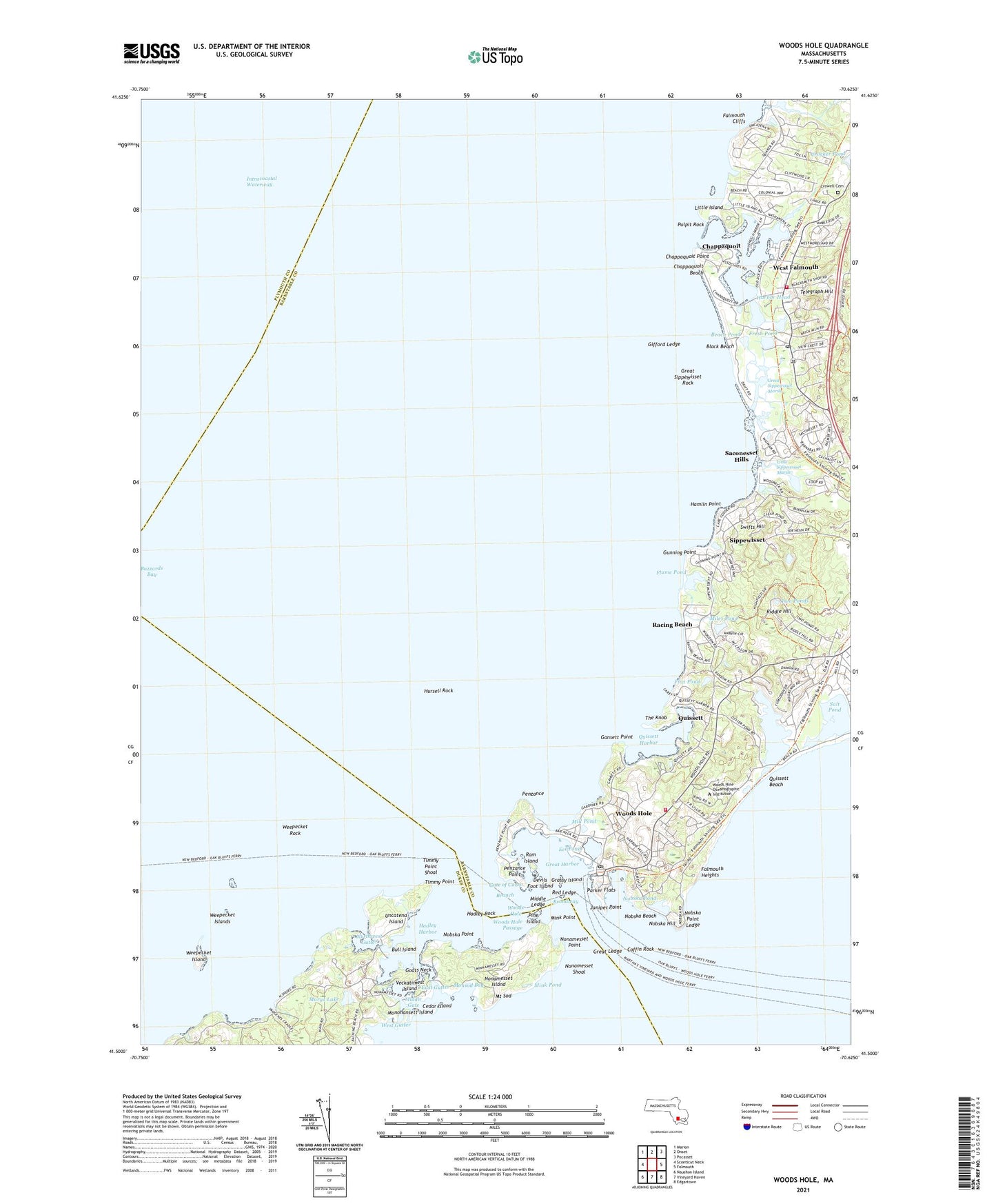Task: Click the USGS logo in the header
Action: tap(152, 53)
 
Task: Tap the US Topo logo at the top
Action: tap(495, 57)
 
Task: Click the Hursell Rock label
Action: tap(438, 690)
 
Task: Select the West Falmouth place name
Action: tap(795, 267)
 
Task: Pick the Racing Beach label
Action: tap(672, 625)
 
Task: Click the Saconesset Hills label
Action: tap(741, 456)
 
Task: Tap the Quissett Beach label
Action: tap(785, 781)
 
